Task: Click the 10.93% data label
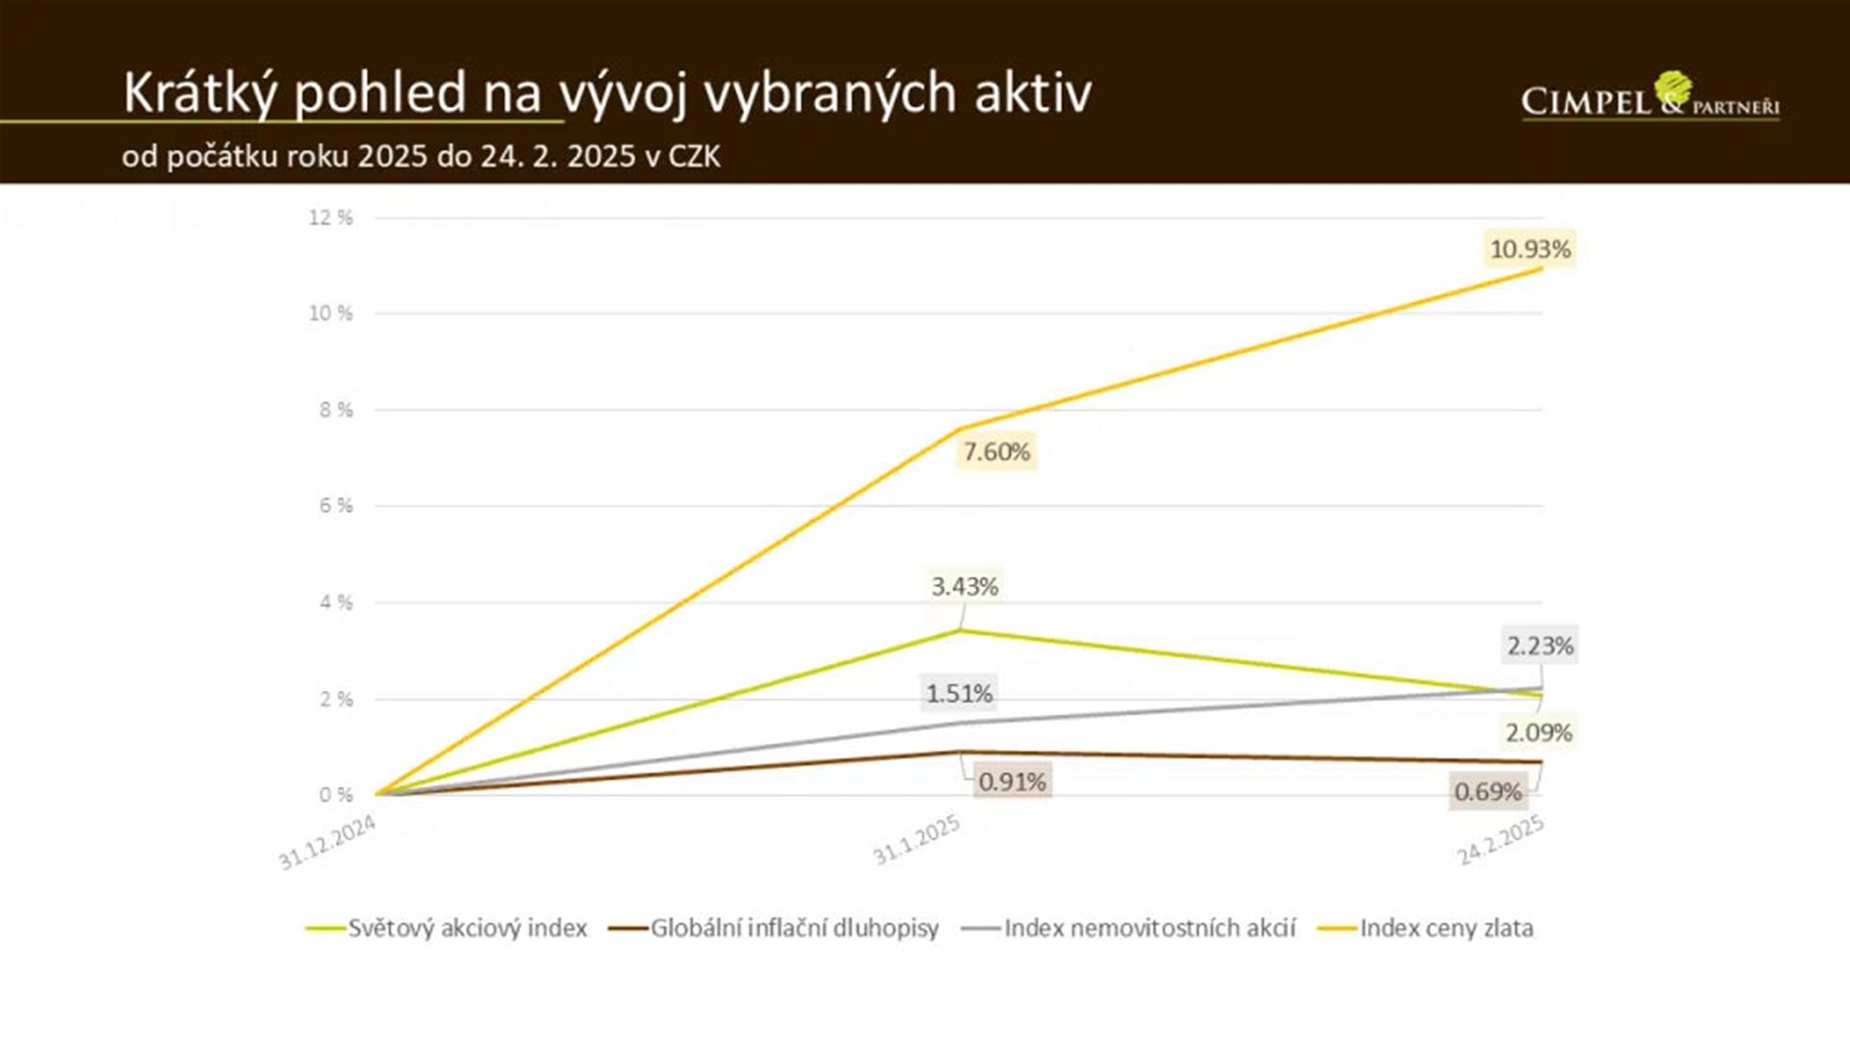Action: [1530, 250]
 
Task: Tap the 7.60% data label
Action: [996, 452]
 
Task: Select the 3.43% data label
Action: [965, 587]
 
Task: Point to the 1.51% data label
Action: [959, 694]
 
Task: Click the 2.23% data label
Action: [1540, 646]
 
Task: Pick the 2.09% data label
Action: [1539, 734]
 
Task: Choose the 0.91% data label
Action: [1012, 782]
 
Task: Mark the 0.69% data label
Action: [1488, 792]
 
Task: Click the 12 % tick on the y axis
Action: [330, 218]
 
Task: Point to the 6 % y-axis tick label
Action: [335, 506]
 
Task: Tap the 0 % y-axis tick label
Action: [335, 795]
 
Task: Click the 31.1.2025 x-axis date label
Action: [916, 841]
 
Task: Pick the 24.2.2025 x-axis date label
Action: [1500, 841]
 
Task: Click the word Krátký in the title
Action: [200, 93]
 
